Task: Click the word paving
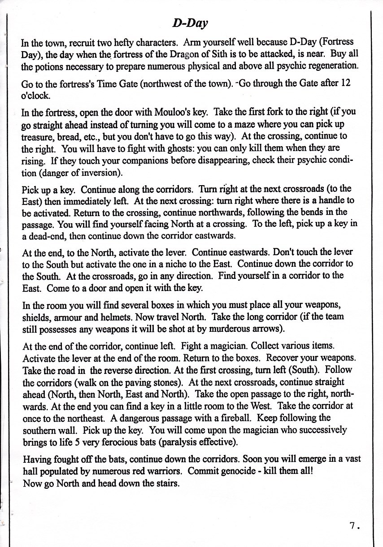137,382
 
